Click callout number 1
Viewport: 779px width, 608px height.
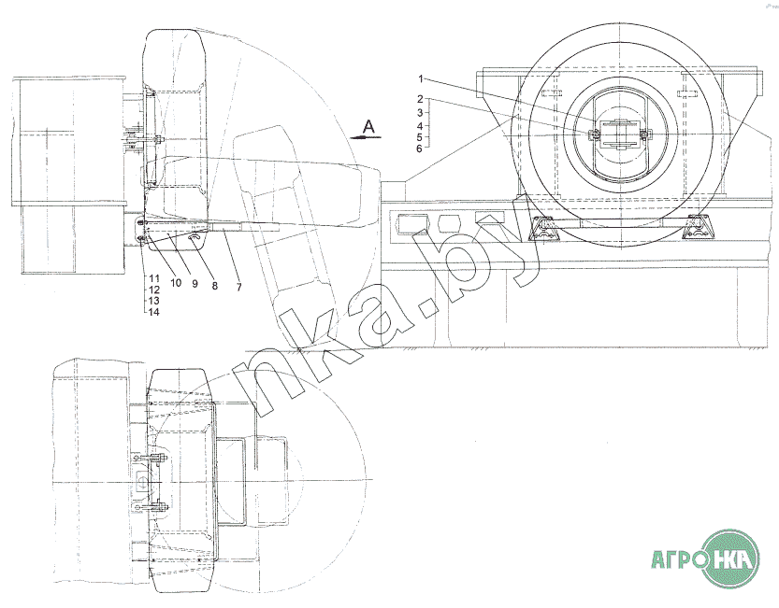pos(420,78)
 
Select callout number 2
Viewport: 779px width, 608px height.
pos(420,99)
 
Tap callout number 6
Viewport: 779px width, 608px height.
pos(419,148)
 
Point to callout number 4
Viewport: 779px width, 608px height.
pos(420,126)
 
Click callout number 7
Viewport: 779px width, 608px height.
pos(239,287)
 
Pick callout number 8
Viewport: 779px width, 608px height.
pos(215,286)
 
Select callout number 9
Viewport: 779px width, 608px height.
pos(195,284)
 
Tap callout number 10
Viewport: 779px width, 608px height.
pos(176,283)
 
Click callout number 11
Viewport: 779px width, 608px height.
pos(153,278)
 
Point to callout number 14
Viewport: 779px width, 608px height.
pos(153,312)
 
